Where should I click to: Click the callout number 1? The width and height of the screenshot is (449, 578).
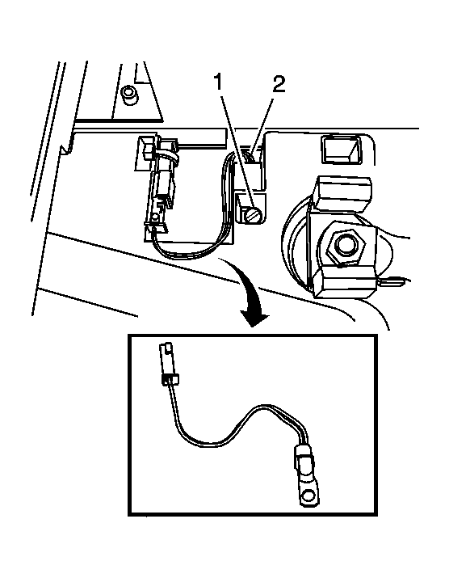tap(218, 82)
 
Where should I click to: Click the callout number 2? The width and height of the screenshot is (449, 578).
tap(279, 84)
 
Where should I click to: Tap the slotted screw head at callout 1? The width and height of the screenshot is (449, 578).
tap(252, 214)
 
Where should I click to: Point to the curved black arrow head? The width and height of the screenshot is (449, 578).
tap(254, 315)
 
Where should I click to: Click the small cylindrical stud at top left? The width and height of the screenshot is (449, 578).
tap(129, 95)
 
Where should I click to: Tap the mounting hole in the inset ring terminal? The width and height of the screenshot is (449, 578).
tap(308, 494)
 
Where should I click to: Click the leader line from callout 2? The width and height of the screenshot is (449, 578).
tap(262, 124)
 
